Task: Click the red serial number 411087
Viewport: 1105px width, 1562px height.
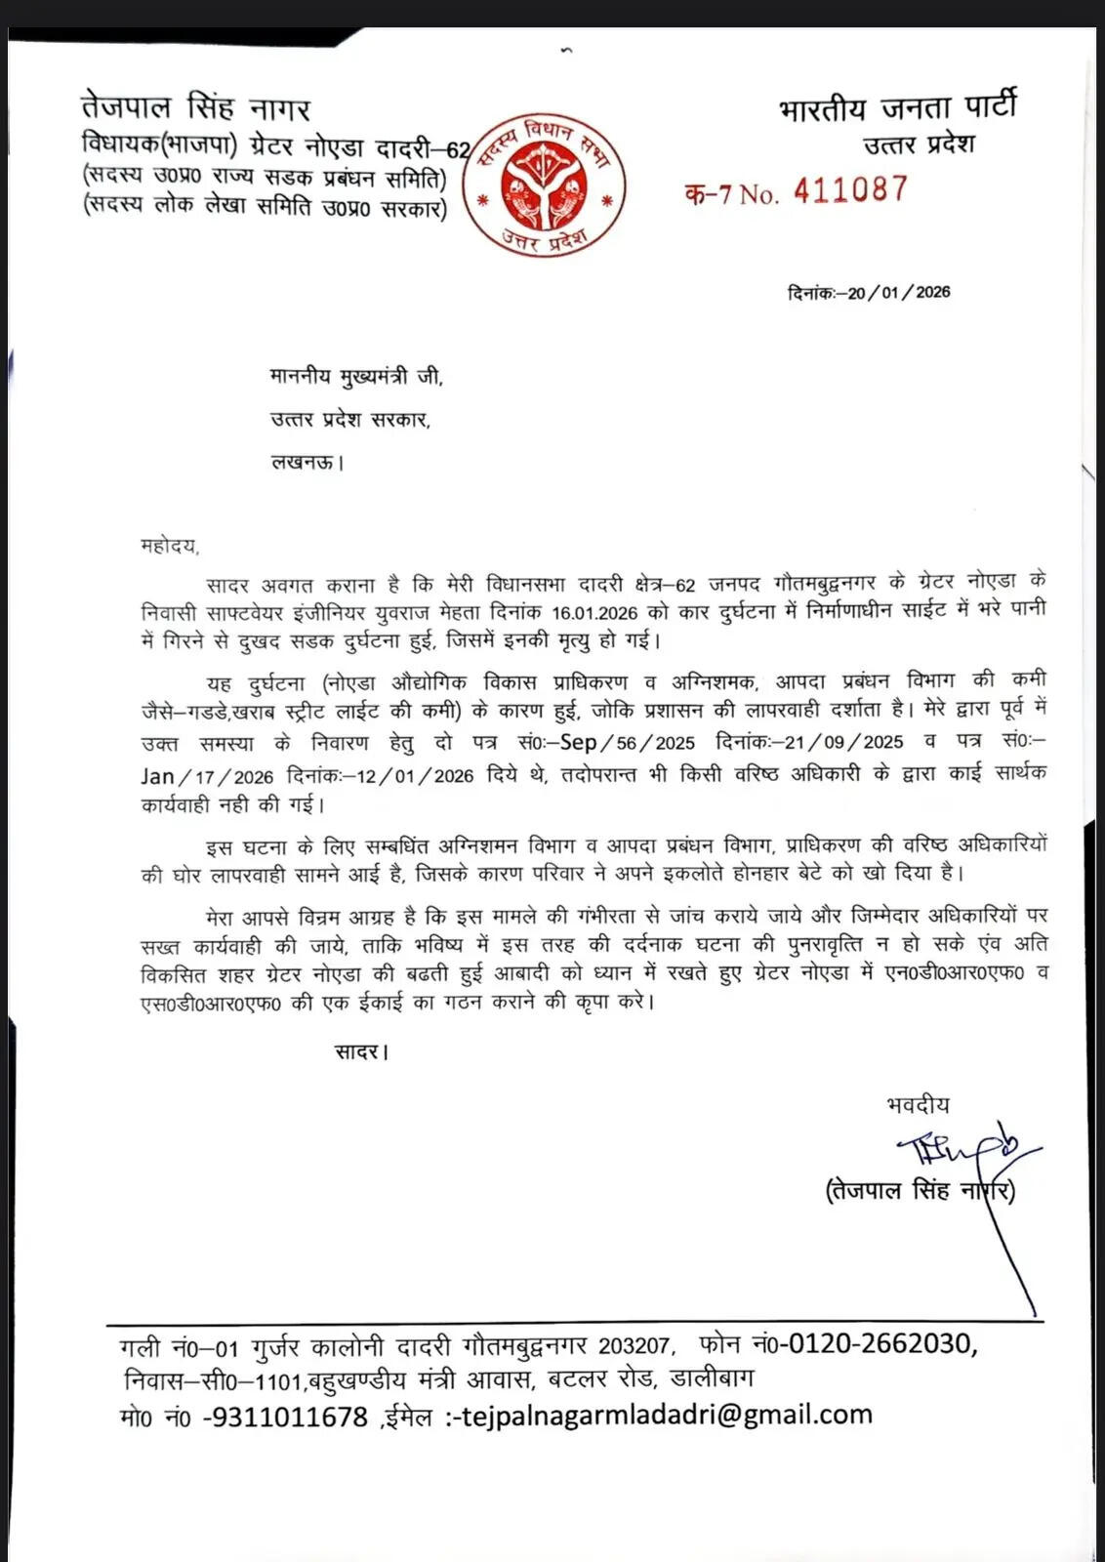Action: pos(850,190)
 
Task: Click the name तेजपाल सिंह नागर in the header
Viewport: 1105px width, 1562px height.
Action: pos(195,107)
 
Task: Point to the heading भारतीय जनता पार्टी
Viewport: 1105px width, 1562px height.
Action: pos(898,105)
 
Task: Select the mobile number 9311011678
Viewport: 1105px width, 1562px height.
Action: pos(286,1416)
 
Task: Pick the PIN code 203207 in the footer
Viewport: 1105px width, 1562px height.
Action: pos(634,1346)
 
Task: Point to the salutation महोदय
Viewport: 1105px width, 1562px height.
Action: pos(169,546)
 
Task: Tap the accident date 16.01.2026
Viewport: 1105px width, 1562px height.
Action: pos(594,613)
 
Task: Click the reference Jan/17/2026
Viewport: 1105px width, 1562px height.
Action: pos(206,776)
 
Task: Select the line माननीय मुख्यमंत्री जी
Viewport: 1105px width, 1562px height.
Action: pos(356,377)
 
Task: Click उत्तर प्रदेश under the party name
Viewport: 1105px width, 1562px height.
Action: pos(919,145)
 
